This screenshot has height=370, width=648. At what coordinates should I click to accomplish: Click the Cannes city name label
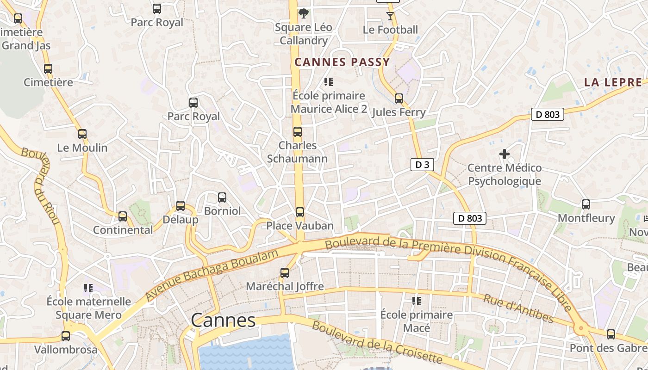point(223,320)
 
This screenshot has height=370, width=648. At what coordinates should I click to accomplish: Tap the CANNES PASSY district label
point(343,62)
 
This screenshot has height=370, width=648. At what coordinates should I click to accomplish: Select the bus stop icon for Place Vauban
point(300,212)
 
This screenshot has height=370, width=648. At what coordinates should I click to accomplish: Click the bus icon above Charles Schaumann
point(298,132)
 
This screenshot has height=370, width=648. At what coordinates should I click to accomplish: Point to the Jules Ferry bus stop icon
point(399,99)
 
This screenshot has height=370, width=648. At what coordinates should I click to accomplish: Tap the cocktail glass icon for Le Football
point(390,16)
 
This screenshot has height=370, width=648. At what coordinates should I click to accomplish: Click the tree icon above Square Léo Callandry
point(304,13)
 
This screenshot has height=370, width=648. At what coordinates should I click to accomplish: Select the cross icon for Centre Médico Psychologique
point(505,154)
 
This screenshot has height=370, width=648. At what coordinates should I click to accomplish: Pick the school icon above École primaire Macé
point(417,301)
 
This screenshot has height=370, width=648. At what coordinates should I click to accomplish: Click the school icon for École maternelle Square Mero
point(88,288)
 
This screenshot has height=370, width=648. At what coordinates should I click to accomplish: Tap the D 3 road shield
point(422,165)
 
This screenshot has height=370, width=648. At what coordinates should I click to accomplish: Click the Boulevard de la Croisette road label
point(377,343)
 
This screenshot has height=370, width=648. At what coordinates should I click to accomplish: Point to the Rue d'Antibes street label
point(518,308)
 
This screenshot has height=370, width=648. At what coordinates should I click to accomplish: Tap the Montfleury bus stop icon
point(586,204)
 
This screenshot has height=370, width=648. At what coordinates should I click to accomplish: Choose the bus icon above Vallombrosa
point(66,336)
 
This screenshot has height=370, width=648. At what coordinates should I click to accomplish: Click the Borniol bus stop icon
point(222,197)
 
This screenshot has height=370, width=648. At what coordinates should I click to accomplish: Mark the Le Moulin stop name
point(82,148)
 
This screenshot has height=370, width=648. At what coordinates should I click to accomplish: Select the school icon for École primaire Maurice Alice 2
point(329,82)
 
